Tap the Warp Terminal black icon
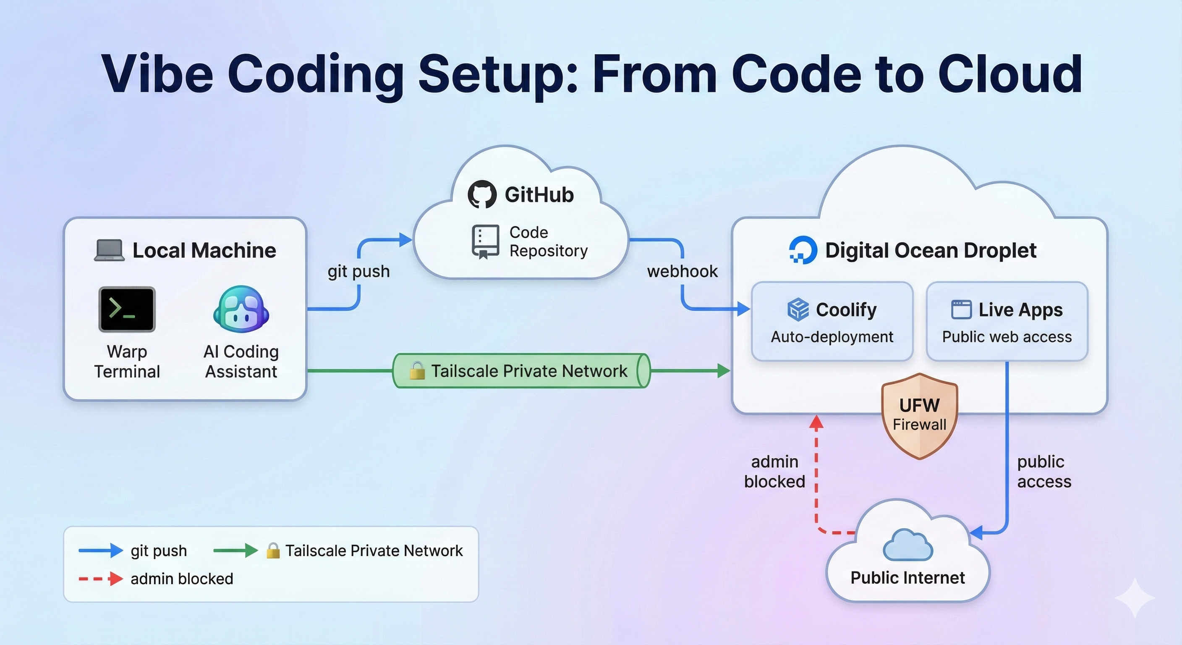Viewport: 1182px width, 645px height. coord(127,309)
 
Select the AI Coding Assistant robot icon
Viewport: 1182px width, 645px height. coord(241,309)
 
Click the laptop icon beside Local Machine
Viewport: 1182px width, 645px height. coord(109,251)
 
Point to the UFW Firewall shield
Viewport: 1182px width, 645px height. coord(919,415)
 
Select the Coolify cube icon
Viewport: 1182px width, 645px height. coord(798,309)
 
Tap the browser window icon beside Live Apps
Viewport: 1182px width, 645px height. coord(961,309)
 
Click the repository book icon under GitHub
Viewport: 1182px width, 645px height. coord(485,241)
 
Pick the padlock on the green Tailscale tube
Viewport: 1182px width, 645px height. coord(417,370)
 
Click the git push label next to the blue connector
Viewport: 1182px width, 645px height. coord(358,271)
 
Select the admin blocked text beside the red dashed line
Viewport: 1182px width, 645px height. coord(774,472)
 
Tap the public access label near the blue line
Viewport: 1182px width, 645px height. coord(1044,472)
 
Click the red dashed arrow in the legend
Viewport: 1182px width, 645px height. coord(100,579)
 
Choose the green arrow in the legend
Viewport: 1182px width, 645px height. coord(235,551)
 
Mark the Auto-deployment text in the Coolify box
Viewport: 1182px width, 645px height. coord(832,337)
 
